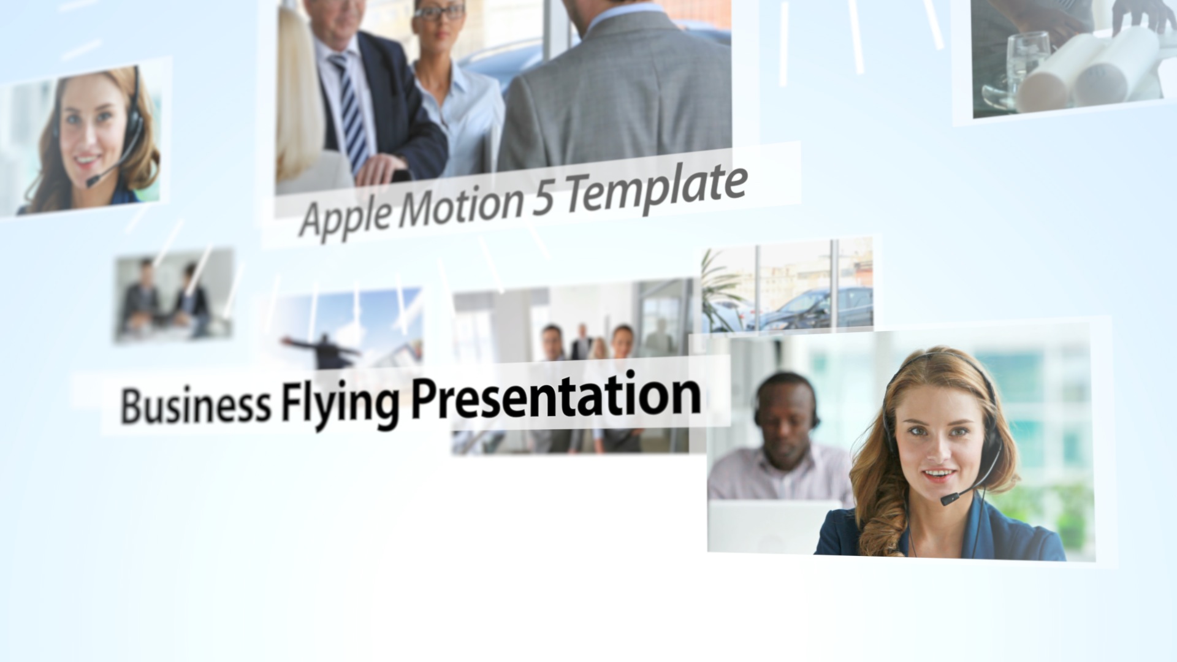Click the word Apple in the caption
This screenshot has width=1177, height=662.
[346, 216]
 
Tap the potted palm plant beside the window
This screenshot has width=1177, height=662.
[720, 291]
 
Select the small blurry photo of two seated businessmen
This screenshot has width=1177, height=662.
[174, 295]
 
